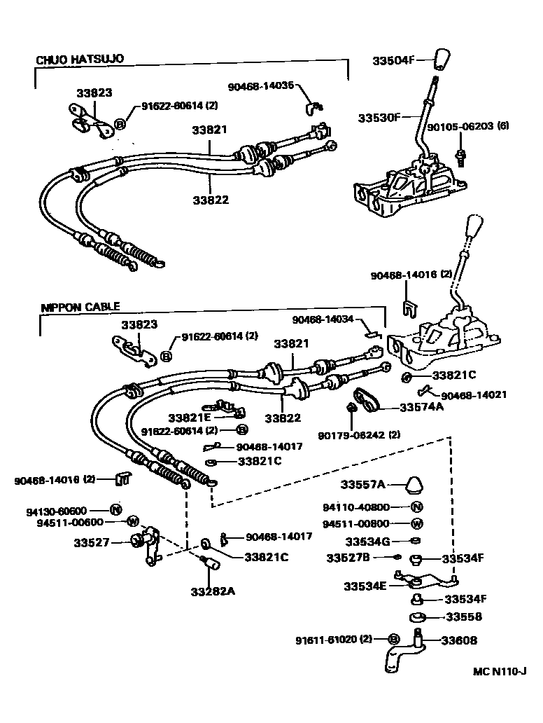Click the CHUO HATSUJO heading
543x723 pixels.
(x=80, y=60)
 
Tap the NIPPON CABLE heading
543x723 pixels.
(x=80, y=306)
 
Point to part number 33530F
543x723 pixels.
(x=379, y=117)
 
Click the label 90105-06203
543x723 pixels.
(x=455, y=127)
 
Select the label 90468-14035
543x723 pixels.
(x=261, y=86)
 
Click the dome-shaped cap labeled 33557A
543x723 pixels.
(x=416, y=485)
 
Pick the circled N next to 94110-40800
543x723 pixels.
(x=417, y=507)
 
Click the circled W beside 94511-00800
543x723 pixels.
(x=417, y=523)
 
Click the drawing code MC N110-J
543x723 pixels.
(x=498, y=670)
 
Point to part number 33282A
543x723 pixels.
(x=213, y=591)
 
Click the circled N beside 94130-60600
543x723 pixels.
(x=116, y=509)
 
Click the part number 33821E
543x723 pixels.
(x=189, y=416)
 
